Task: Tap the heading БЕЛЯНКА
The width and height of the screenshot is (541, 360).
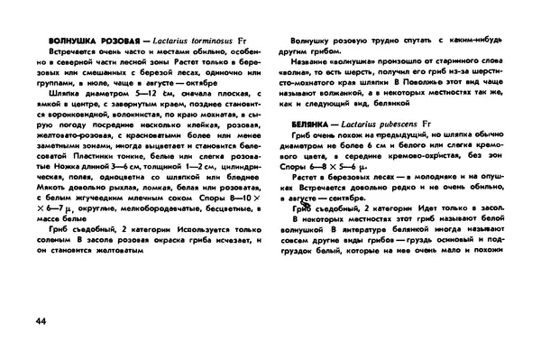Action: [x=313, y=122]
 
